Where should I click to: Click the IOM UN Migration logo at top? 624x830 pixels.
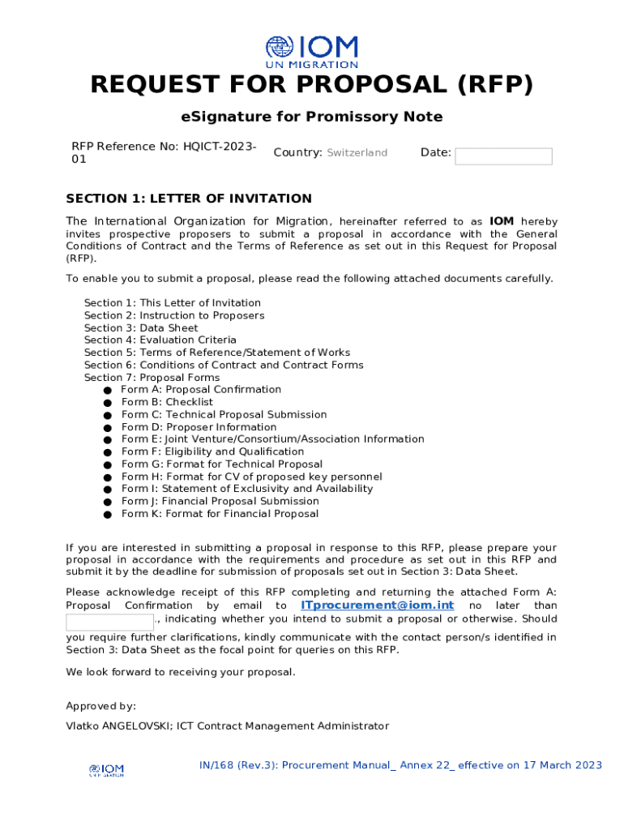pos(312,52)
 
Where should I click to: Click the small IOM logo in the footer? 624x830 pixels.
pos(106,770)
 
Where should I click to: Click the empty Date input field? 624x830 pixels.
pos(503,156)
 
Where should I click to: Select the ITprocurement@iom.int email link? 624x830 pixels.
pos(378,605)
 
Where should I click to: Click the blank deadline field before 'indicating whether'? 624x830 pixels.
pos(109,622)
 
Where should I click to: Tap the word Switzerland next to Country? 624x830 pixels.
pos(357,152)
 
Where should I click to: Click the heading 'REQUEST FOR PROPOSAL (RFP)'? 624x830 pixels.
pos(312,85)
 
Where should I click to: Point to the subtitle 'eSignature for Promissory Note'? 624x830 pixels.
pos(312,117)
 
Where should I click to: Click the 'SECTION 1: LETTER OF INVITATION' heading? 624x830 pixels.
pos(189,199)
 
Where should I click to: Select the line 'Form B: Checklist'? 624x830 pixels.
pos(167,402)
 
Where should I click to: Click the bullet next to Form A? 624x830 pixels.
pos(107,391)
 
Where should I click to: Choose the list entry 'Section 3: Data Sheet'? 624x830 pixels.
pos(141,328)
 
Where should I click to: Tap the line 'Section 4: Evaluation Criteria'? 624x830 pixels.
pos(160,340)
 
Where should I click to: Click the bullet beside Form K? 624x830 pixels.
pos(107,515)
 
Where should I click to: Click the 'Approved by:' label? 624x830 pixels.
pos(100,706)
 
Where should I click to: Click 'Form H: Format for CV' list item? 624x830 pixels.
pos(251,477)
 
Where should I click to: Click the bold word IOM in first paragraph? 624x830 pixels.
pos(502,221)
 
